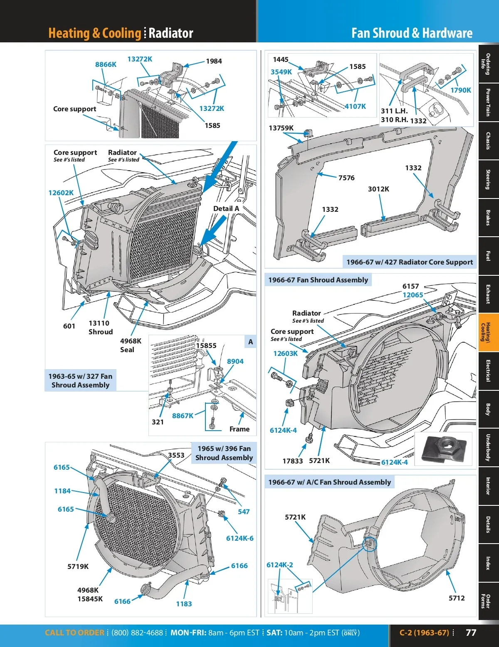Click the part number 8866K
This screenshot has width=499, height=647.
tap(106, 64)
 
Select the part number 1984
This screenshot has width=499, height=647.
tap(214, 61)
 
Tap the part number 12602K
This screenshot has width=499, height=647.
tap(61, 193)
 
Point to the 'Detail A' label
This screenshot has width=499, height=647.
tap(226, 208)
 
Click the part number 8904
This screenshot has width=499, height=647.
tap(235, 361)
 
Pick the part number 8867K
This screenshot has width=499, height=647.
tap(183, 416)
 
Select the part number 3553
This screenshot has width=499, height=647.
tap(176, 455)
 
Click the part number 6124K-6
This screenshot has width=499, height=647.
tap(240, 538)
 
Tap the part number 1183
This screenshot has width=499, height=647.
tap(184, 603)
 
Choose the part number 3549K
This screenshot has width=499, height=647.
tap(281, 72)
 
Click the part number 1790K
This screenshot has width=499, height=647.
tap(461, 90)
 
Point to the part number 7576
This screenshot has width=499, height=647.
tap(346, 178)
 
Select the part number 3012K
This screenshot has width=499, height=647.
tap(378, 189)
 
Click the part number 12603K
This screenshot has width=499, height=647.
tap(285, 353)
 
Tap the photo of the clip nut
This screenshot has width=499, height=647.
tap(443, 449)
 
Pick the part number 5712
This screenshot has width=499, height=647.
tap(457, 598)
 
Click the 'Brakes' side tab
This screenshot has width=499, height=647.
tap(488, 218)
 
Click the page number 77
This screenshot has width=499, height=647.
tap(471, 632)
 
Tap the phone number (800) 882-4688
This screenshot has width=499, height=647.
tap(137, 633)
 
